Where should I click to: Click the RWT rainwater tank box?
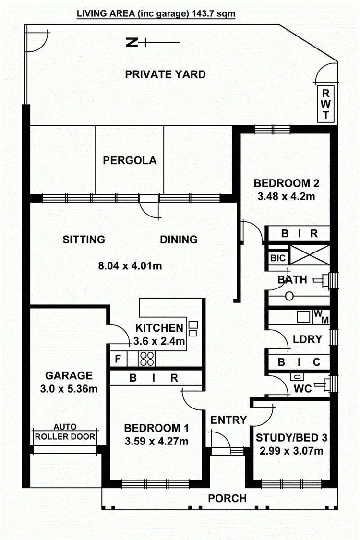pos(325,104)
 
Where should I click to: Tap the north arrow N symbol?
pos(131,43)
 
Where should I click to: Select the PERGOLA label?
pos(130,160)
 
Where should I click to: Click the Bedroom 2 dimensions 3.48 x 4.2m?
pos(287,196)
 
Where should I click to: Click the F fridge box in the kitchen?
pos(117,358)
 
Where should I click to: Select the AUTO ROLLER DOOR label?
pos(65,432)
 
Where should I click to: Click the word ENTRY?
pos(228,420)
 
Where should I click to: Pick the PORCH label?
pos(227,498)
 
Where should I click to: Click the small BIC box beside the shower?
pos(277,258)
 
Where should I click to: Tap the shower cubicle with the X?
pos(311,254)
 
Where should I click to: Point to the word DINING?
pos(179,239)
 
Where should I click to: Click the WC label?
pos(302,388)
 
